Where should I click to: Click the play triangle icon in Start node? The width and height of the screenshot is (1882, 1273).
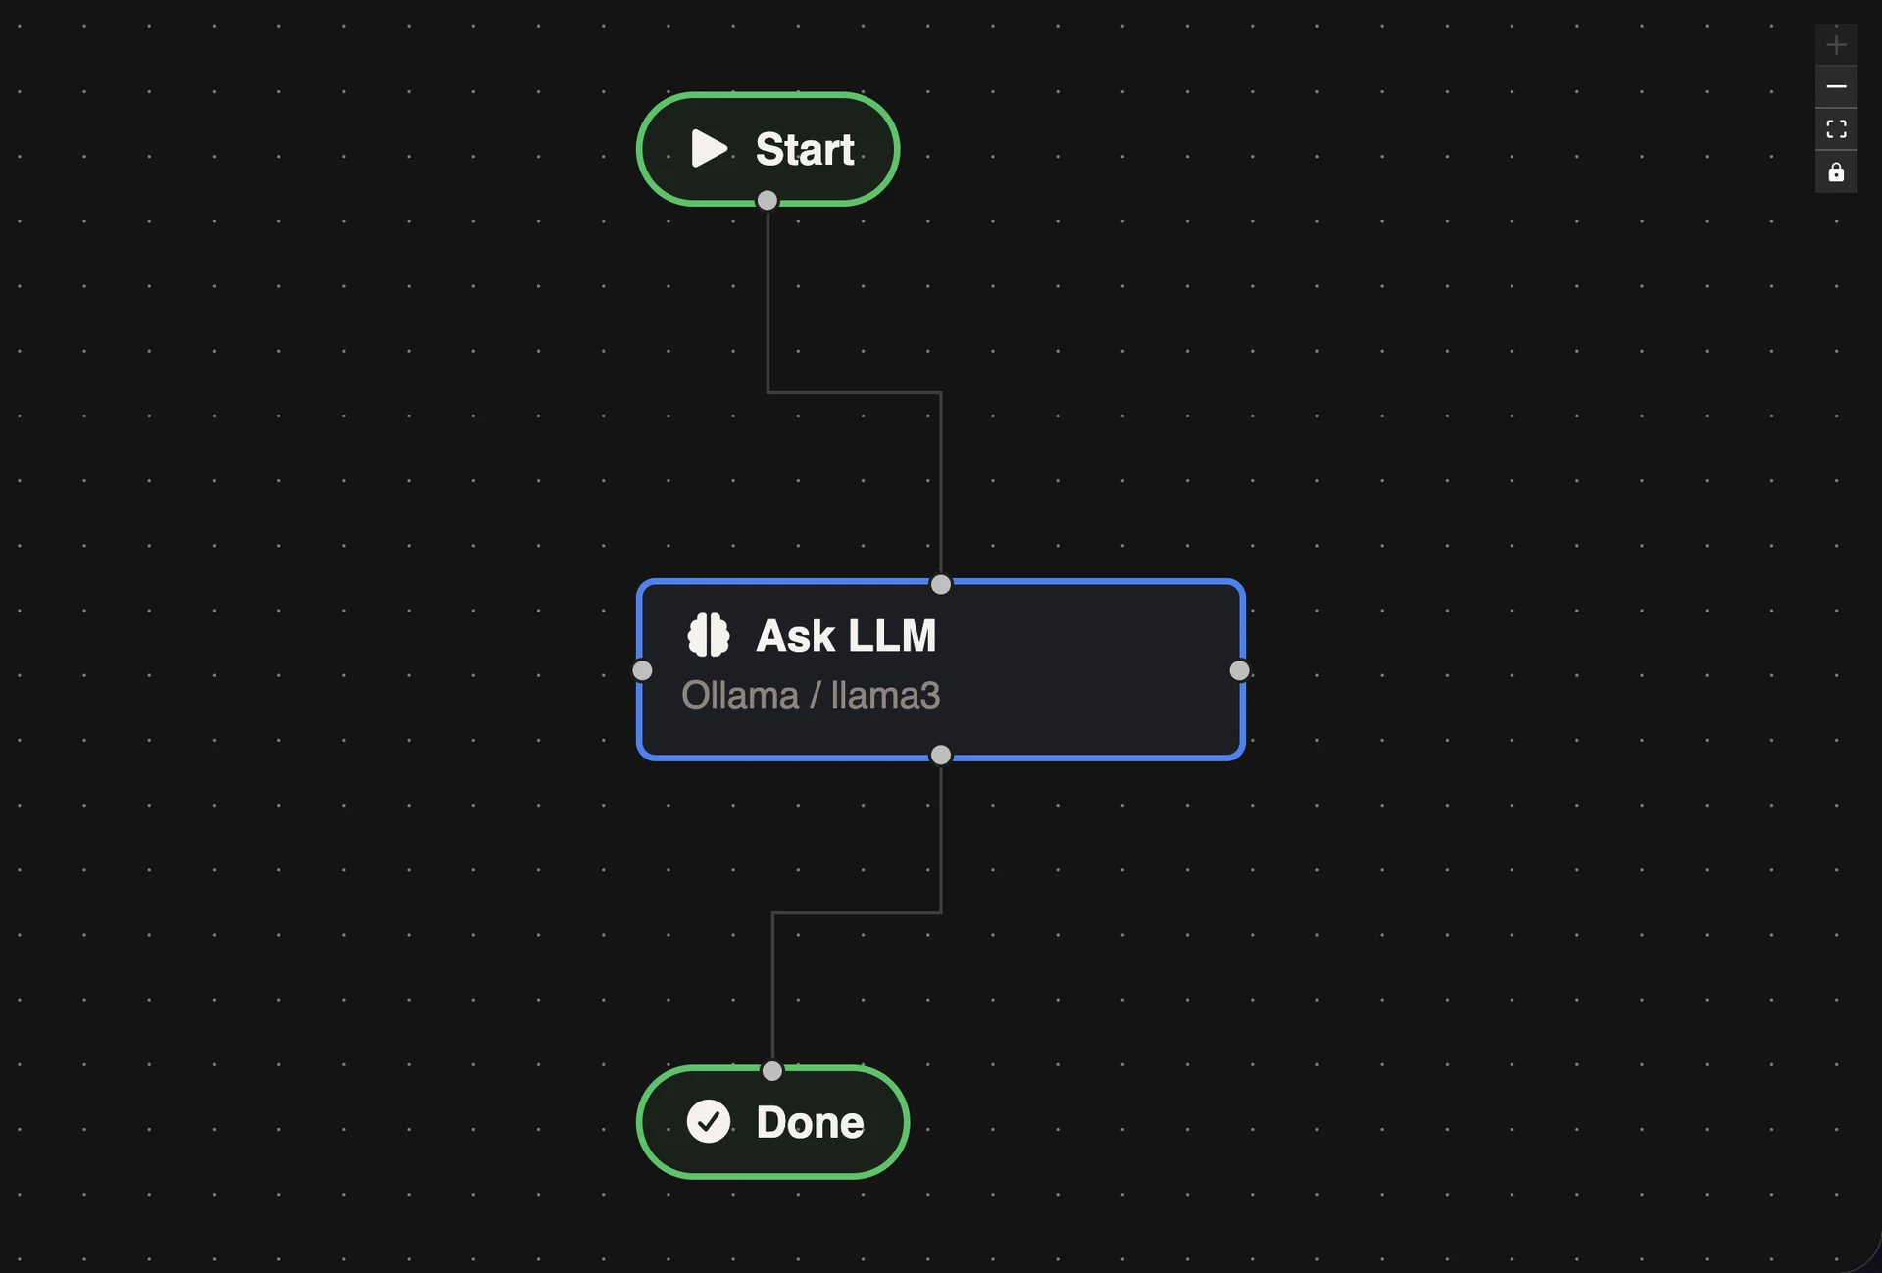coord(708,149)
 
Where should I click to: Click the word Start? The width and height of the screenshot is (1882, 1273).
coord(804,150)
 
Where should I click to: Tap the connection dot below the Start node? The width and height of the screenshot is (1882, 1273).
coord(768,201)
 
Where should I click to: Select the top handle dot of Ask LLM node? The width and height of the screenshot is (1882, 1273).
coord(941,585)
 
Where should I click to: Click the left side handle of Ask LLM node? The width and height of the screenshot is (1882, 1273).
coord(642,670)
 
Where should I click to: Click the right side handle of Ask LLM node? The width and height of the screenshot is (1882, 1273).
coord(1239,670)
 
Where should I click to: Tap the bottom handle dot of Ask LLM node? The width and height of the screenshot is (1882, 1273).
coord(941,755)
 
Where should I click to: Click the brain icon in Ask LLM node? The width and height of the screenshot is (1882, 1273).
coord(708,635)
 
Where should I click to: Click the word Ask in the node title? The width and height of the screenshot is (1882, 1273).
coord(795,636)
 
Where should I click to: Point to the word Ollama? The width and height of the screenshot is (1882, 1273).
coord(740,696)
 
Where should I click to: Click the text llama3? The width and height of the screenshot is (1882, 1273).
coord(885,696)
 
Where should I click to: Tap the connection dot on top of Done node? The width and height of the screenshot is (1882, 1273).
coord(772,1071)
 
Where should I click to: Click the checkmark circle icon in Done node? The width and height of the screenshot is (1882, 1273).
coord(708,1122)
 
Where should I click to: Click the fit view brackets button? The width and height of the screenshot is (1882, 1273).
coord(1836,129)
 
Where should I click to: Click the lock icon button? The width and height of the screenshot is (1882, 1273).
coord(1836,172)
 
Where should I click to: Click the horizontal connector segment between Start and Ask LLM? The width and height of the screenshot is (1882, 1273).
coord(854,392)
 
